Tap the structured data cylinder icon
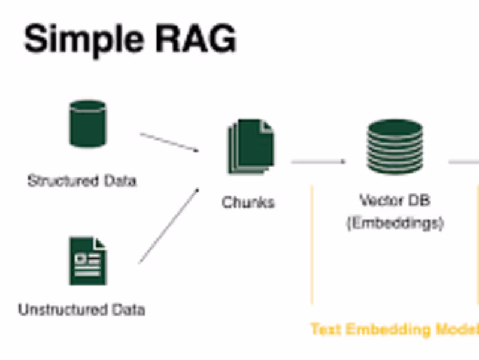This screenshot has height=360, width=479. (87, 124)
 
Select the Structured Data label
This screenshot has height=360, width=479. (81, 180)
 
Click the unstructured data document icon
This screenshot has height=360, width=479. (87, 261)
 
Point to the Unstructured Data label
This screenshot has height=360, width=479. (81, 310)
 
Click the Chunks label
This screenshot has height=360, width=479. (248, 202)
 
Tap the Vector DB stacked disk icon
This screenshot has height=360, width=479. (395, 146)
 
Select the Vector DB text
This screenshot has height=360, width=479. (395, 199)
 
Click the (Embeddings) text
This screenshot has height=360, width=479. (395, 223)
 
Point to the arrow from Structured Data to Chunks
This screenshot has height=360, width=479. (169, 143)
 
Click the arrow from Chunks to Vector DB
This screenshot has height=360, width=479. (318, 161)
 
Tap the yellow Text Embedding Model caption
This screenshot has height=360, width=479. (394, 329)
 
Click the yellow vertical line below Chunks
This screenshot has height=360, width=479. (312, 246)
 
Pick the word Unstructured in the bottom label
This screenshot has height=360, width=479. (56, 310)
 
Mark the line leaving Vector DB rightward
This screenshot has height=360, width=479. (464, 161)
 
